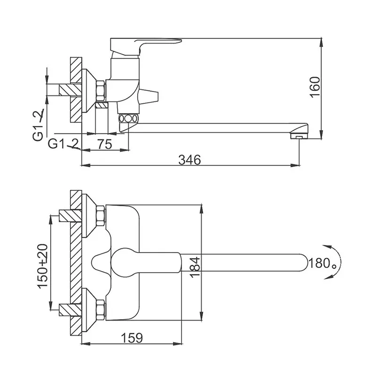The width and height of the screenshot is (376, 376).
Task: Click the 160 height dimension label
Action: [314, 87]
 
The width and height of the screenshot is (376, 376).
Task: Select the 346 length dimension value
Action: [189, 160]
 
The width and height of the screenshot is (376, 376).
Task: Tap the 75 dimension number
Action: [105, 144]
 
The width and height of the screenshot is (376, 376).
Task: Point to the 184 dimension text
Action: [195, 267]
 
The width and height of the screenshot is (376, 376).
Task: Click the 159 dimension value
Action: [132, 338]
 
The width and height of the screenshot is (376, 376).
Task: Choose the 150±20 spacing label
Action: [42, 266]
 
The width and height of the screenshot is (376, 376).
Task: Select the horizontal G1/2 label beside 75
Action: [64, 144]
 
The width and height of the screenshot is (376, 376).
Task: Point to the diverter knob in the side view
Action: [149, 97]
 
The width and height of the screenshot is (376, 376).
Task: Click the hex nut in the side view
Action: [101, 90]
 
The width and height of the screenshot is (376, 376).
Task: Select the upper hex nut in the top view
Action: [101, 216]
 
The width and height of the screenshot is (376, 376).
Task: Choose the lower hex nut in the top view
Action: [101, 310]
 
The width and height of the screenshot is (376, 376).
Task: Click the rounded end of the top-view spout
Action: [305, 263]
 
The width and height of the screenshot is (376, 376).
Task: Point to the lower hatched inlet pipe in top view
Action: [70, 310]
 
